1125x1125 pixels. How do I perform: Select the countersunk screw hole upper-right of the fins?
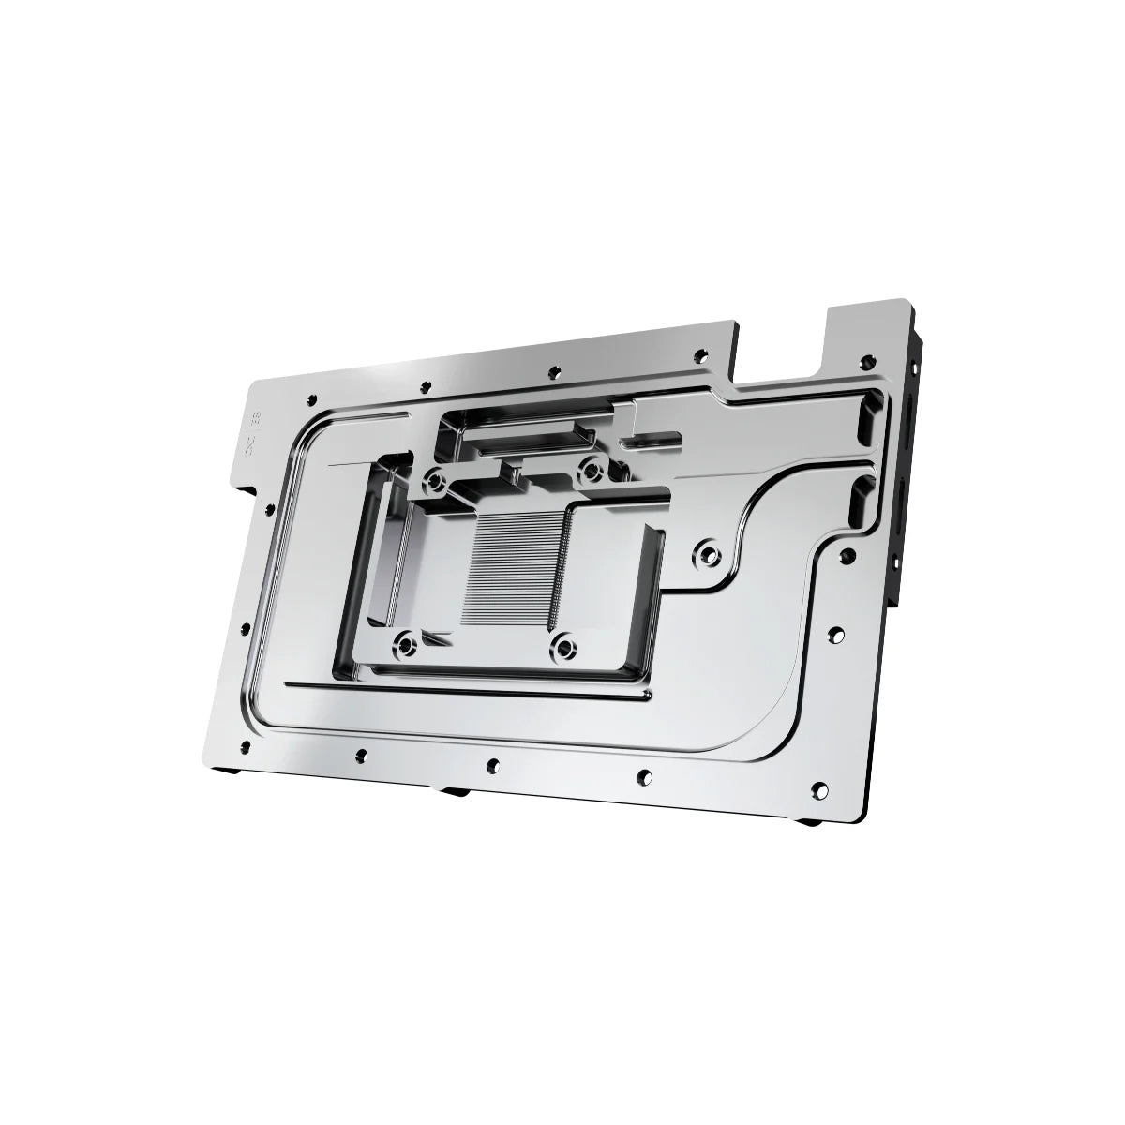[x=591, y=467]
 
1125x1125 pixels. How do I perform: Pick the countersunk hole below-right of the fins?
[x=562, y=644]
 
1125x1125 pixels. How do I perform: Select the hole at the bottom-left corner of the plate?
[x=246, y=747]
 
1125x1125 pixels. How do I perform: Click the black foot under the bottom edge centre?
[x=455, y=790]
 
